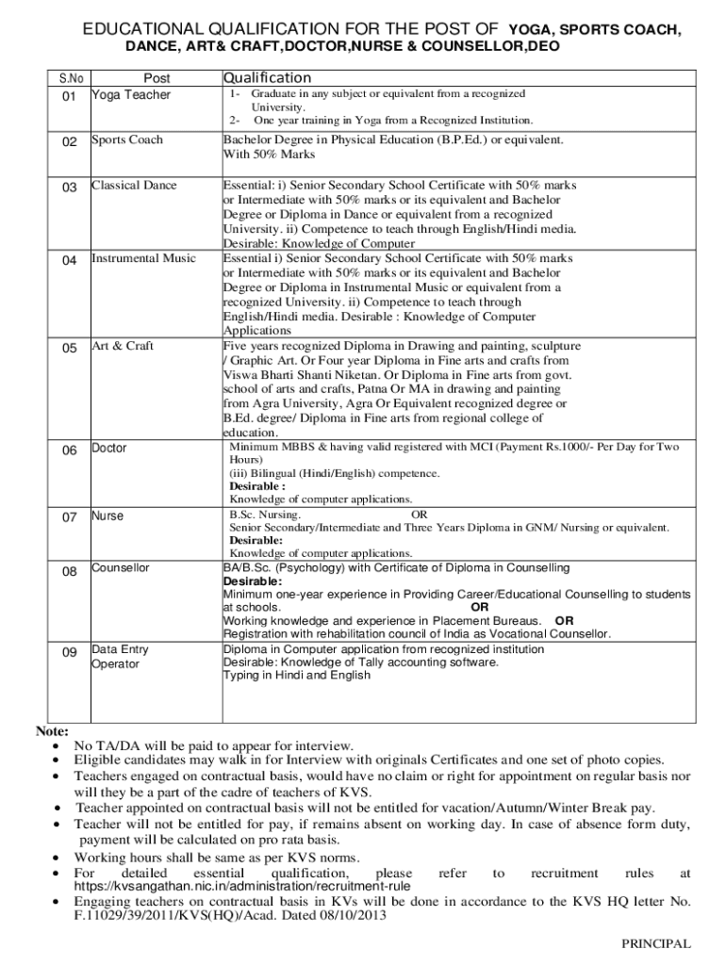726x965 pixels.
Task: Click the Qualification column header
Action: coord(267,78)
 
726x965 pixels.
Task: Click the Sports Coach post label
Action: coord(127,139)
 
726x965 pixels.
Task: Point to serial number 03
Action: coord(70,187)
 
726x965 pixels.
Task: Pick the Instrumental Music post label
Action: coord(144,257)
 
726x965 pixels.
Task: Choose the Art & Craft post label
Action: coord(123,346)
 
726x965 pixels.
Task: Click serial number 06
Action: coord(70,450)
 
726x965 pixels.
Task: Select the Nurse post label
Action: coord(107,515)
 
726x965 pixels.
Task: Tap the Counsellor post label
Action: coord(121,567)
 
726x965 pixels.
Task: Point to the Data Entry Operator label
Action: coord(120,656)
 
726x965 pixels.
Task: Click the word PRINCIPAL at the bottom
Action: coord(655,943)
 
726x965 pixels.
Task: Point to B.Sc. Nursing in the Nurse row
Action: coord(266,515)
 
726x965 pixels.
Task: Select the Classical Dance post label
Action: coord(134,185)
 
